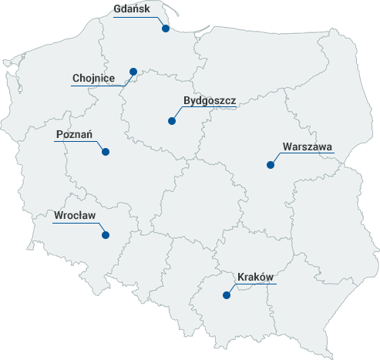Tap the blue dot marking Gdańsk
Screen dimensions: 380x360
(166, 29)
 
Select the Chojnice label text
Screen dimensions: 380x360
(93, 78)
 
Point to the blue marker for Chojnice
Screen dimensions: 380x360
(133, 71)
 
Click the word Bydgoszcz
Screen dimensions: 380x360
(210, 100)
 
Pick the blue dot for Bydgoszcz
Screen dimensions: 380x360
(171, 120)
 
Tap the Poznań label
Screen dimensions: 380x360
(75, 135)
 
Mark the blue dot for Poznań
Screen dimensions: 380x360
(106, 151)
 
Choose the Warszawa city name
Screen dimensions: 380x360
(307, 146)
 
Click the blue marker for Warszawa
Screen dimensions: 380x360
(270, 164)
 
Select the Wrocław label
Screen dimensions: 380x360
(75, 215)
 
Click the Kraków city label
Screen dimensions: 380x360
(256, 277)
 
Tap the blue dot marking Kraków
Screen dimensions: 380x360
(226, 294)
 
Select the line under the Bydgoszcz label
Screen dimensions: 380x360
(210, 108)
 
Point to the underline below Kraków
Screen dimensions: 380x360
(256, 284)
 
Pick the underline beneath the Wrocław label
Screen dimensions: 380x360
(75, 223)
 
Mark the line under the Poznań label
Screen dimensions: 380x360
(75, 143)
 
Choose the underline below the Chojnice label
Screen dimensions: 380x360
(93, 86)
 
